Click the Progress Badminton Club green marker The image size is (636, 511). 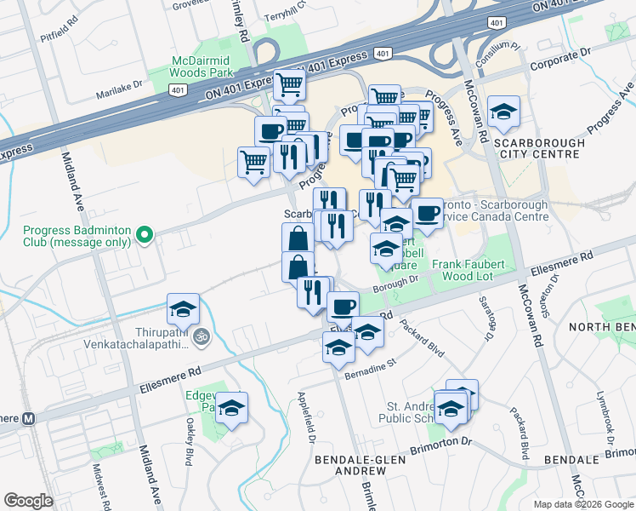pos(145,235)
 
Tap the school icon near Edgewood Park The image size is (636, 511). pos(231,407)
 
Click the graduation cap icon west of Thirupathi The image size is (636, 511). pos(183,307)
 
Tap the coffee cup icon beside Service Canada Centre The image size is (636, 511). pos(427,211)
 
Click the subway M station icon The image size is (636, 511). pos(27,418)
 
